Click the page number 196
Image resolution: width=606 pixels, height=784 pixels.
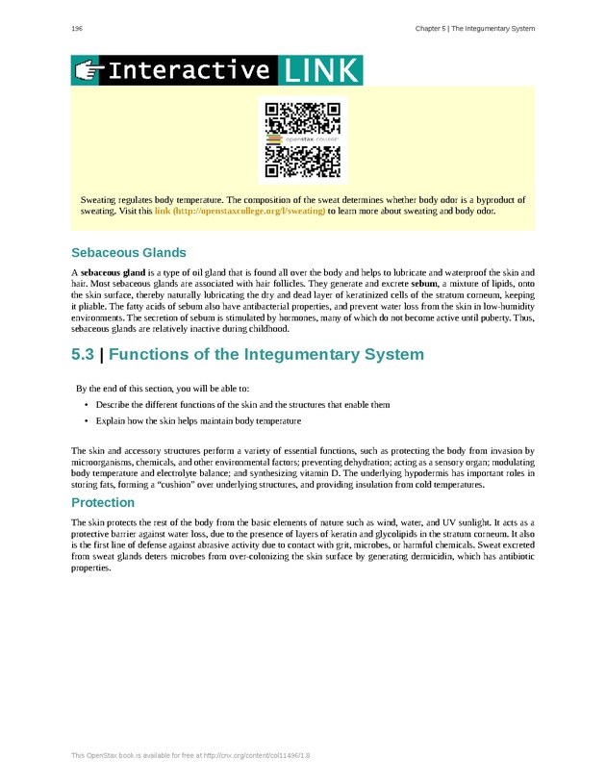coord(77,29)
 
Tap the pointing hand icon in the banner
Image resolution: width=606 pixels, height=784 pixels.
coord(88,70)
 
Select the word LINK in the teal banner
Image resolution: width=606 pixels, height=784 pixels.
coord(320,70)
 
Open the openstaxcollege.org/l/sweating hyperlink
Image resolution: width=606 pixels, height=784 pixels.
coord(240,210)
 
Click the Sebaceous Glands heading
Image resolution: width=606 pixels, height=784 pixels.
coord(129,253)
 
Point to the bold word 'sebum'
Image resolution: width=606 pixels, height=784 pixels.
coord(425,285)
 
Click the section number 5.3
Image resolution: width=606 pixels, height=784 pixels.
coord(83,355)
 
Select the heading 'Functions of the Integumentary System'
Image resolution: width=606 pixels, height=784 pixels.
coord(266,355)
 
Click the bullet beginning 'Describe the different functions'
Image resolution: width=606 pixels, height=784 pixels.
coord(242,405)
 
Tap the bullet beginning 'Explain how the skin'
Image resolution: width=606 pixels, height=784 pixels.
coord(198,421)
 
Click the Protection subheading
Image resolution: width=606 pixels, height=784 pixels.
coord(103,503)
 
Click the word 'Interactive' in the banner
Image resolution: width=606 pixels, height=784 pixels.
coord(189,70)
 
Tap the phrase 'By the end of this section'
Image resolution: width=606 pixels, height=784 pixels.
coord(135,389)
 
